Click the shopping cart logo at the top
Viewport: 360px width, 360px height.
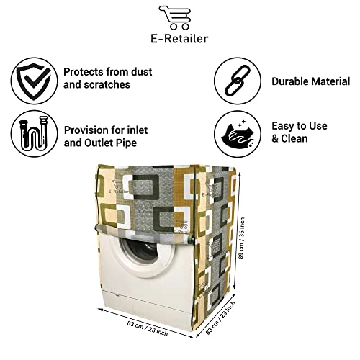pos(175,17)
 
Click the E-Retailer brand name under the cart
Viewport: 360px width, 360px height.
pos(179,39)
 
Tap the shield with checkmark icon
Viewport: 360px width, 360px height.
pos(34,81)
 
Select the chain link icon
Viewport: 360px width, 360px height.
pos(238,80)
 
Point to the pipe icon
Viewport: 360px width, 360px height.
pos(34,134)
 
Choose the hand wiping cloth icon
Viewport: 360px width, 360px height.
pos(238,133)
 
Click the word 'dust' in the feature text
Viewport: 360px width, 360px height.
pos(141,72)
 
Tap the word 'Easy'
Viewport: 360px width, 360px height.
pos(282,126)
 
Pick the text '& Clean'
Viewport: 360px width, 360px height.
pos(289,139)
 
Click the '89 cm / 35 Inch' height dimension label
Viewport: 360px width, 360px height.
pos(241,238)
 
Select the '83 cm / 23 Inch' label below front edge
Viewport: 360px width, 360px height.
pos(148,328)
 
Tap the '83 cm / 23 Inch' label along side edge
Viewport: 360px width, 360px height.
pos(221,318)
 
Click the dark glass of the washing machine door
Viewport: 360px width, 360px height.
pos(139,249)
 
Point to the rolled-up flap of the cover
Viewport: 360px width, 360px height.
pos(144,235)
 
